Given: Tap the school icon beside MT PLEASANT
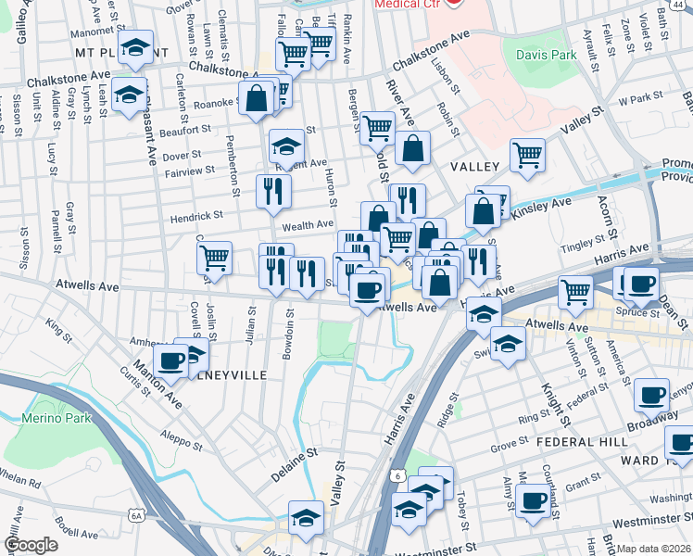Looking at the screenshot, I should coord(136,50).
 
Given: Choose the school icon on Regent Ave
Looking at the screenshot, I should coord(287,146).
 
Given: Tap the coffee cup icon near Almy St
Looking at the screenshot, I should coord(532,502).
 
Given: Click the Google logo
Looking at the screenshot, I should coord(31,546).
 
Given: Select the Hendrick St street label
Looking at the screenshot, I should coord(196,215).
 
